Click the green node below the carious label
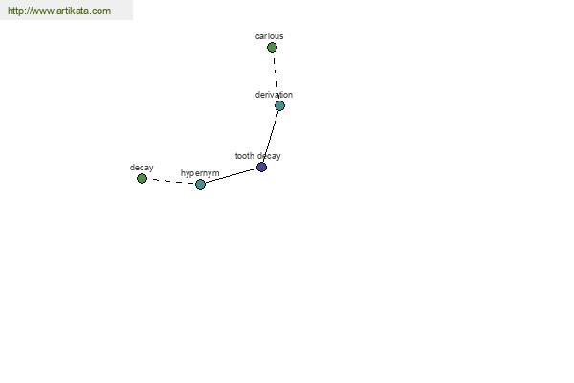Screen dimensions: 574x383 tap(272, 47)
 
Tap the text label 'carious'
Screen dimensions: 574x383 tap(270, 36)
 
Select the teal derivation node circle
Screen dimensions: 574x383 tap(279, 106)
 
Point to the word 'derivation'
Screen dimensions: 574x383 tap(274, 95)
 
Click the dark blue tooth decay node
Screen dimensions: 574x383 tap(261, 168)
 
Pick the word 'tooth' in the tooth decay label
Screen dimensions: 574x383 tap(245, 156)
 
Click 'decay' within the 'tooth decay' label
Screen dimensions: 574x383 tap(269, 156)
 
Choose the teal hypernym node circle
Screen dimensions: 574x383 tap(200, 185)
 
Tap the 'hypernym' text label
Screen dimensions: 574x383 tap(200, 173)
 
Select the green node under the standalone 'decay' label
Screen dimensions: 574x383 tap(142, 178)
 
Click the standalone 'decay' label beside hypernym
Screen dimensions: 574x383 tap(142, 168)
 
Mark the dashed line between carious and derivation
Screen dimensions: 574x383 tap(276, 74)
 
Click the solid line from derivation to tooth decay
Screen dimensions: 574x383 tap(271, 136)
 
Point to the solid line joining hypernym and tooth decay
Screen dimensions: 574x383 tap(231, 176)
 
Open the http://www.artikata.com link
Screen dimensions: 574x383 tap(59, 11)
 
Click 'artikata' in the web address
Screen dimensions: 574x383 tap(77, 11)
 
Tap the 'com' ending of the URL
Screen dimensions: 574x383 tap(104, 11)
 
